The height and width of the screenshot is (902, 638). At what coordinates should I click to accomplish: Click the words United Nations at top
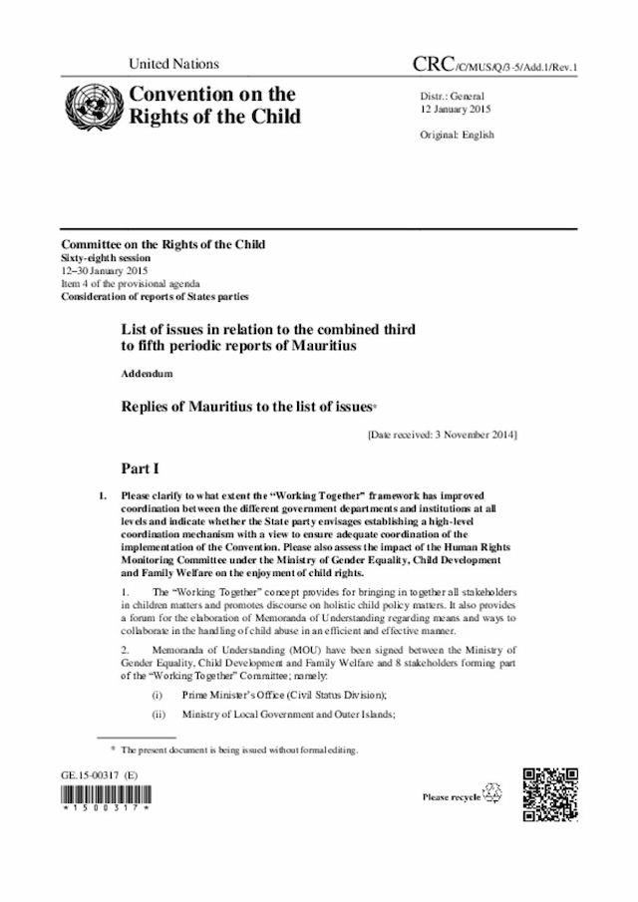click(173, 65)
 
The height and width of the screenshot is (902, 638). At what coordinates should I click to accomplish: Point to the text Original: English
click(458, 135)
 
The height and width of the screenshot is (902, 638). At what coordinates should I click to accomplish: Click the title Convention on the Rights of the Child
click(210, 106)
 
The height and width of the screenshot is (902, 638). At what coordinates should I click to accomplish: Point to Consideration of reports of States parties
click(155, 296)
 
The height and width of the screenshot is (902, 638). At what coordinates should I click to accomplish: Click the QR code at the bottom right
click(551, 794)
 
